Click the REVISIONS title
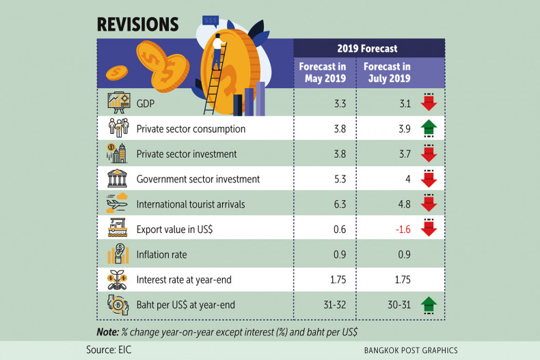(137, 24)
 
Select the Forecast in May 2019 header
(323, 72)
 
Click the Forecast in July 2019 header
(387, 72)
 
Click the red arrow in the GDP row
(429, 102)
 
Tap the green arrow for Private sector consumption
(429, 128)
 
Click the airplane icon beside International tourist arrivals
(118, 204)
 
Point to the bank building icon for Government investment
(118, 179)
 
